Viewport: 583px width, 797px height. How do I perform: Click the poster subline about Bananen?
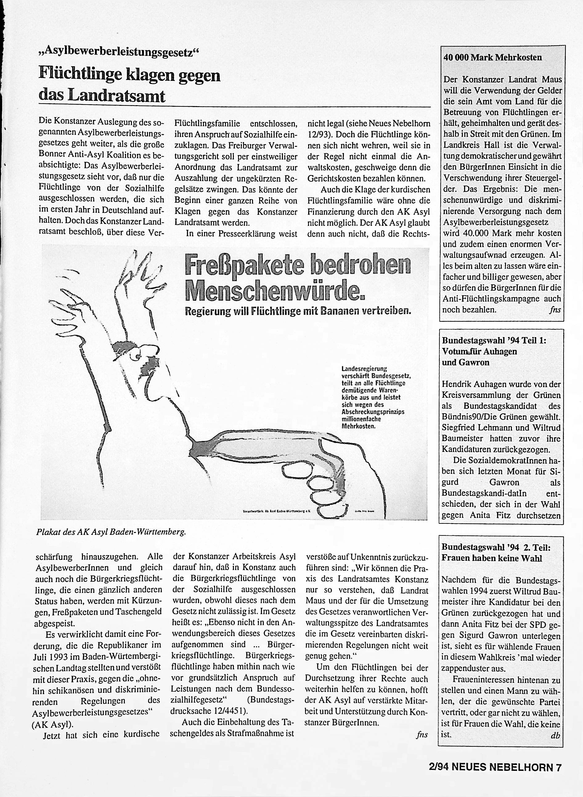coord(298,311)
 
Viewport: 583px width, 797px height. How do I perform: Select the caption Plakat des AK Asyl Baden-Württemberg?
coord(111,532)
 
